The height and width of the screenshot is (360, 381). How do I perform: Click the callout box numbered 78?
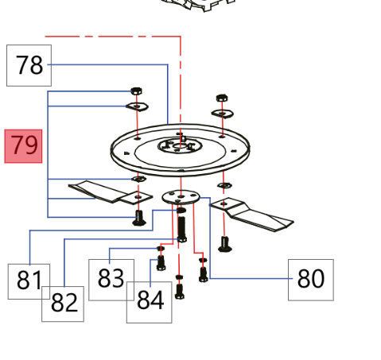pyautogui.click(x=29, y=65)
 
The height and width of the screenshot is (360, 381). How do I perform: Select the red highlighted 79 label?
pyautogui.click(x=23, y=146)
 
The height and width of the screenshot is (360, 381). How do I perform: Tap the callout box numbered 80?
pyautogui.click(x=311, y=280)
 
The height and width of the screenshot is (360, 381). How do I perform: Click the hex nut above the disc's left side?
pyautogui.click(x=136, y=91)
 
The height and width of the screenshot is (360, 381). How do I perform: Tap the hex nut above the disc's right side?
pyautogui.click(x=222, y=98)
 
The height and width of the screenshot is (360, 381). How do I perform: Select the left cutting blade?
pyautogui.click(x=110, y=192)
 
